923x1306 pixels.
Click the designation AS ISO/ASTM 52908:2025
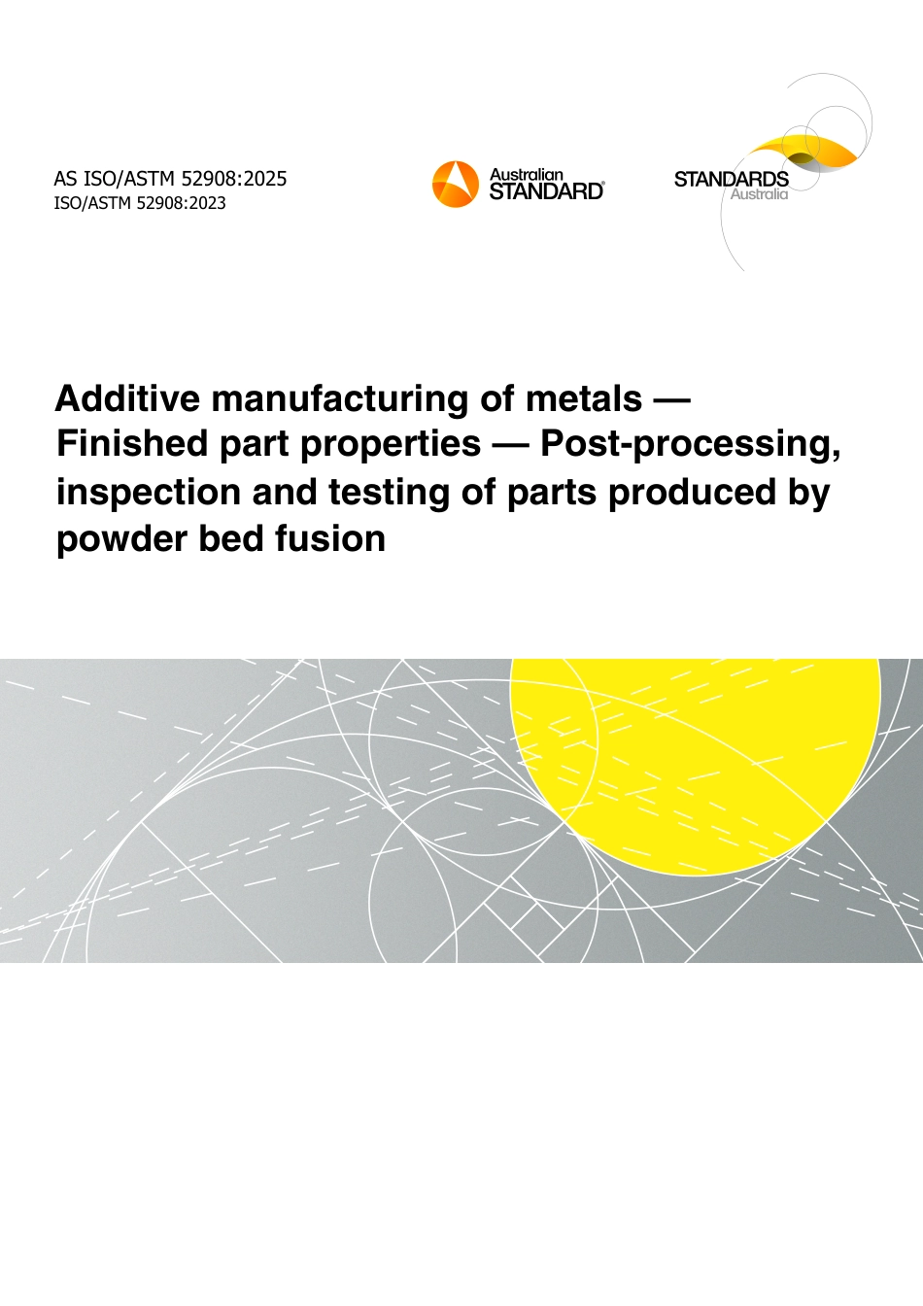pyautogui.click(x=170, y=179)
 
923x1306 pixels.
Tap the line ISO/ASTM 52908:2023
pyautogui.click(x=140, y=203)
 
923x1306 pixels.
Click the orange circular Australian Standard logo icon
pyautogui.click(x=456, y=184)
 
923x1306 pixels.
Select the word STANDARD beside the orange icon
pyautogui.click(x=546, y=191)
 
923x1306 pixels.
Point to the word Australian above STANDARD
pyautogui.click(x=526, y=174)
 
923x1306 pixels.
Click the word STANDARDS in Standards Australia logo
pyautogui.click(x=732, y=179)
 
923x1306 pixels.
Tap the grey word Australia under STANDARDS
pyautogui.click(x=759, y=194)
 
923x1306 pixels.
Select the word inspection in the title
pyautogui.click(x=149, y=494)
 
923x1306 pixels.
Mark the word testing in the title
pyautogui.click(x=390, y=494)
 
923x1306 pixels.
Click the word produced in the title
pyautogui.click(x=693, y=492)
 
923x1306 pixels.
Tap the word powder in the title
pyautogui.click(x=121, y=539)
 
